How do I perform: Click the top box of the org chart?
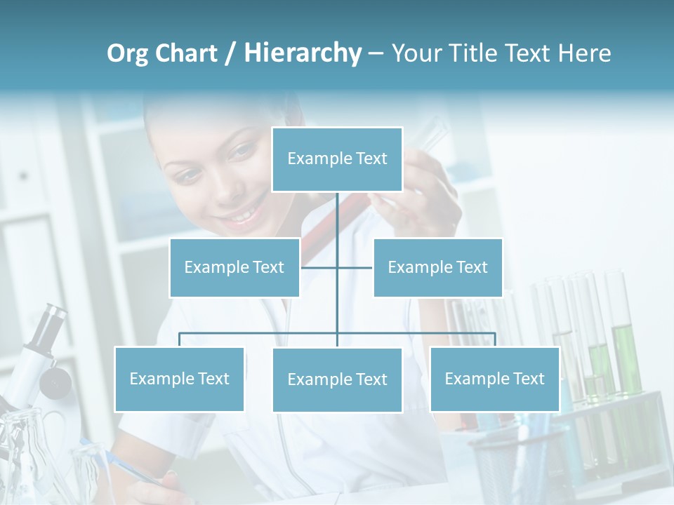pyautogui.click(x=337, y=159)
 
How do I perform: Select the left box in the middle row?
pyautogui.click(x=234, y=267)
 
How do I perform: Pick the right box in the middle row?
pyautogui.click(x=437, y=267)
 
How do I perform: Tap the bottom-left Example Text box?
pyautogui.click(x=179, y=379)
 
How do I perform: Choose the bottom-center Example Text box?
pyautogui.click(x=337, y=379)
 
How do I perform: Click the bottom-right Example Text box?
pyautogui.click(x=494, y=379)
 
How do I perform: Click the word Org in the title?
pyautogui.click(x=127, y=53)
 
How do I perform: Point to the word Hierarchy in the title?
pyautogui.click(x=303, y=53)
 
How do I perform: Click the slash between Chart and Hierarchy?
pyautogui.click(x=231, y=53)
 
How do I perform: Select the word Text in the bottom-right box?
pyautogui.click(x=528, y=379)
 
